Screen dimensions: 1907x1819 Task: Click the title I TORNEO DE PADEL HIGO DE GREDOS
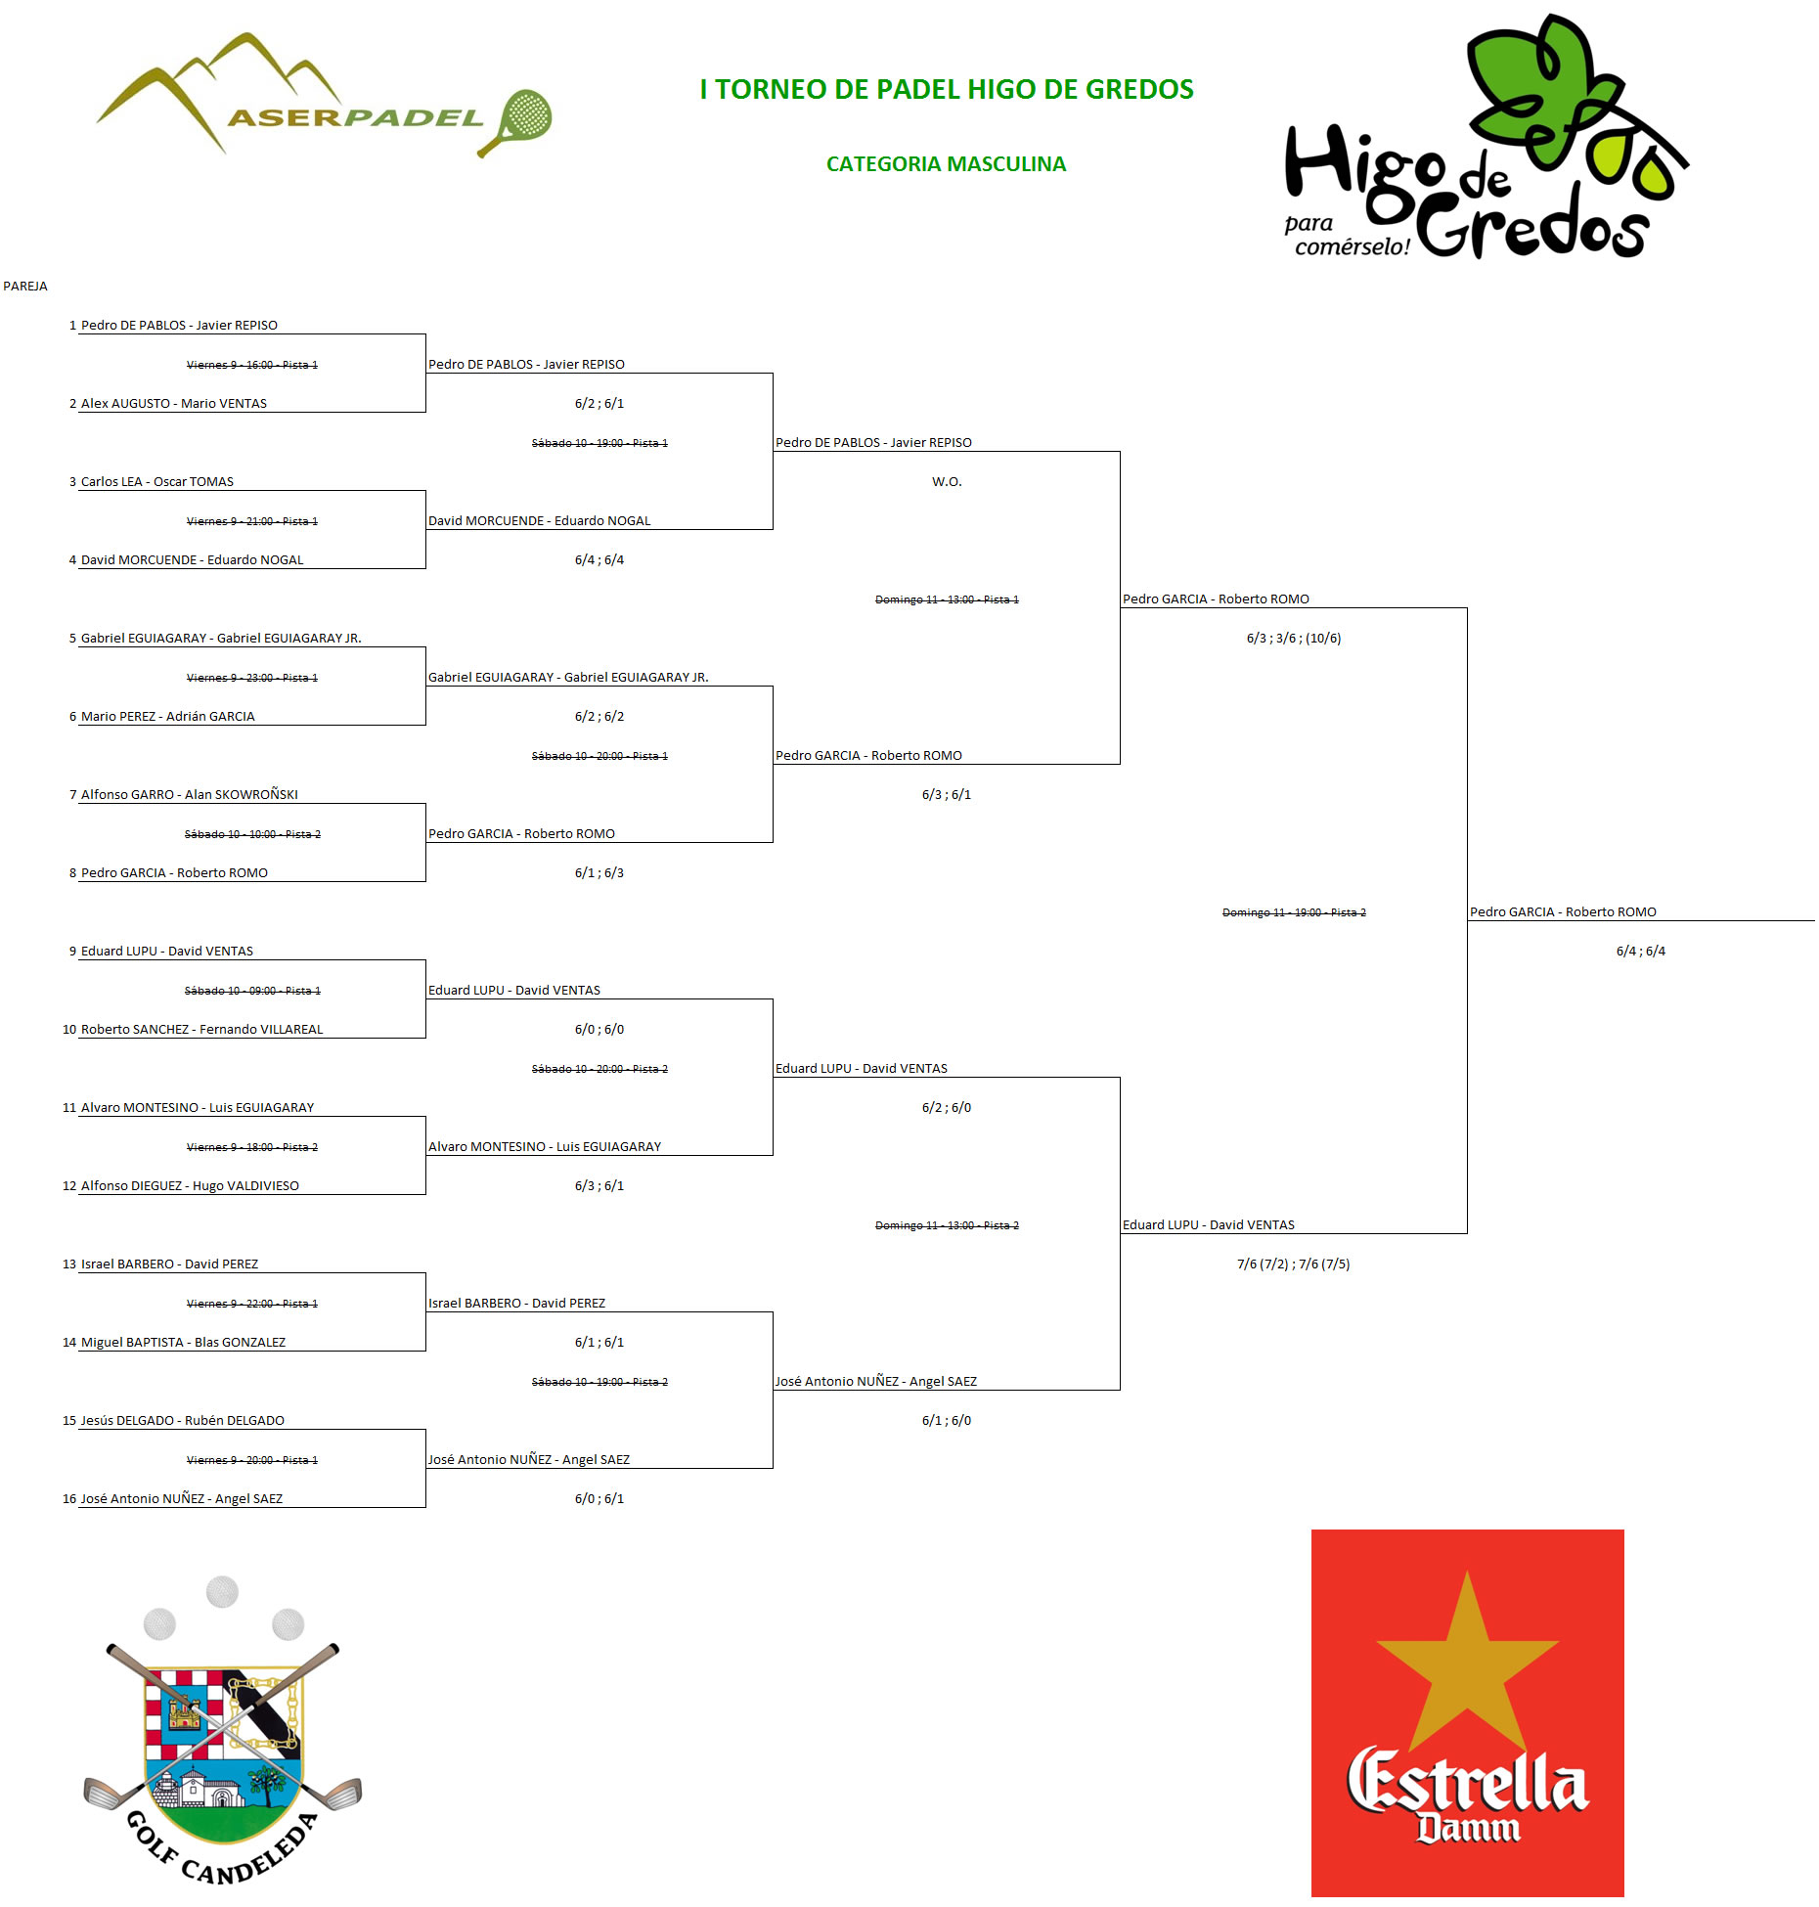(x=946, y=89)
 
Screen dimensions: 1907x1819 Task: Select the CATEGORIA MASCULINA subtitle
(x=946, y=164)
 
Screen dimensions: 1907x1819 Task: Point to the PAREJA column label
(x=25, y=287)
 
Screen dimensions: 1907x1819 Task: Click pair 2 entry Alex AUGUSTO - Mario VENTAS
(x=173, y=404)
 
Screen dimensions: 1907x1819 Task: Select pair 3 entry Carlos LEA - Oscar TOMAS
(x=156, y=482)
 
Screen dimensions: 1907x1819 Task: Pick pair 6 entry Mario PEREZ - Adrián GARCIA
(x=167, y=717)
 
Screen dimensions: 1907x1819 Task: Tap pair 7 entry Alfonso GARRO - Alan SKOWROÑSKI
(x=189, y=795)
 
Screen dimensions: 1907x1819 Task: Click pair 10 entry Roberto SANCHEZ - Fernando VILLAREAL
(x=201, y=1030)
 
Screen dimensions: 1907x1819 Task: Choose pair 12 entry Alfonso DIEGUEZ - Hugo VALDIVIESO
(x=190, y=1186)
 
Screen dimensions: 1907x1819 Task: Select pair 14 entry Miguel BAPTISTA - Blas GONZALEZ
(x=183, y=1343)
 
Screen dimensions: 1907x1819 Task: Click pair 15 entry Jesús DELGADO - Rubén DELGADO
(x=182, y=1421)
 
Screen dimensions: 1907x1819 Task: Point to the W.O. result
(x=947, y=482)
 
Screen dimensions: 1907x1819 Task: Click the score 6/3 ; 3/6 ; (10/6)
(x=1293, y=639)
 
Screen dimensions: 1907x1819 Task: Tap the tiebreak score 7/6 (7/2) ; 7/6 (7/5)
(x=1293, y=1264)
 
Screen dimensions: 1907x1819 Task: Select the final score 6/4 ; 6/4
(x=1640, y=952)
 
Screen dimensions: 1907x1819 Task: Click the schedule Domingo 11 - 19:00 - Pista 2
(x=1293, y=912)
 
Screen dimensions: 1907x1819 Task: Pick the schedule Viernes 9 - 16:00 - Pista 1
(x=251, y=365)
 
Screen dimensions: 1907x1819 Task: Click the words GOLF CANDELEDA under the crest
(x=223, y=1853)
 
